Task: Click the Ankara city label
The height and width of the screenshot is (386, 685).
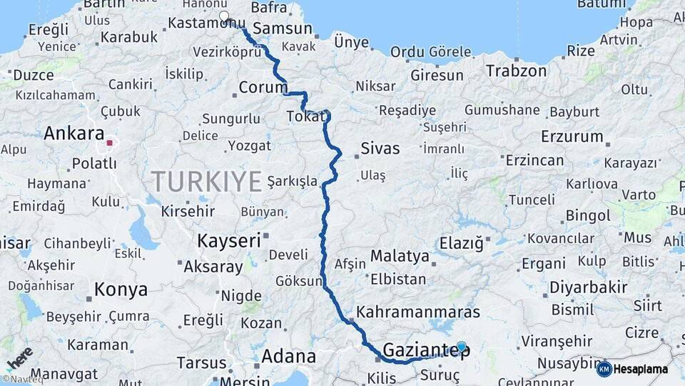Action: [73, 134]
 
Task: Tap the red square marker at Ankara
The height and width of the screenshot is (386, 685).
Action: [109, 142]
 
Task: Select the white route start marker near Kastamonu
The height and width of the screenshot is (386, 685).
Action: [224, 16]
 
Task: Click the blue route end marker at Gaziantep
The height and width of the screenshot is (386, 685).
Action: [462, 347]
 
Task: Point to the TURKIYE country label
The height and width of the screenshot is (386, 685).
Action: [206, 182]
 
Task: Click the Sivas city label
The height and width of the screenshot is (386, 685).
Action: [380, 149]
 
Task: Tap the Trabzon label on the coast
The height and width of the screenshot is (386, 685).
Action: [516, 71]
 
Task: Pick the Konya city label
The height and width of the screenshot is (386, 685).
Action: [121, 289]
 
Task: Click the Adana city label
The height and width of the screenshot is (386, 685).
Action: [288, 355]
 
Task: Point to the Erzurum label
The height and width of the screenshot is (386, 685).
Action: [572, 137]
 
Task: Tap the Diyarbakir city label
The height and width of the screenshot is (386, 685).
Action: [587, 289]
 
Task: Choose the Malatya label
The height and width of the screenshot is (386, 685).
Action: [400, 257]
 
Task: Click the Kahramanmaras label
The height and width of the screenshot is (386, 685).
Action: [417, 312]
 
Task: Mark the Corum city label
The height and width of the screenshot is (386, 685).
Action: [263, 88]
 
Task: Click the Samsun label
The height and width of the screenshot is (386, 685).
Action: [283, 29]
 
